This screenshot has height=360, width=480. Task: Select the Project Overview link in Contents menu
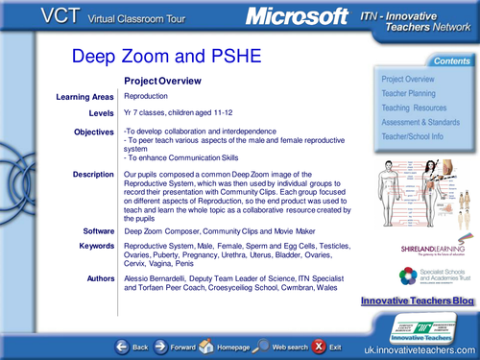(x=407, y=79)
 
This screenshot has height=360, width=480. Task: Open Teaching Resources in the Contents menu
(x=413, y=108)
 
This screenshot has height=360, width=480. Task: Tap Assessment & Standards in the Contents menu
(x=420, y=122)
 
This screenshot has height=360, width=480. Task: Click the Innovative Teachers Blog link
(x=417, y=301)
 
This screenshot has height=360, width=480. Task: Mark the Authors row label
(x=97, y=277)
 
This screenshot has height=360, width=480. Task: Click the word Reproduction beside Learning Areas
(x=146, y=97)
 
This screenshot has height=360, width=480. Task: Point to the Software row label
(x=97, y=231)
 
